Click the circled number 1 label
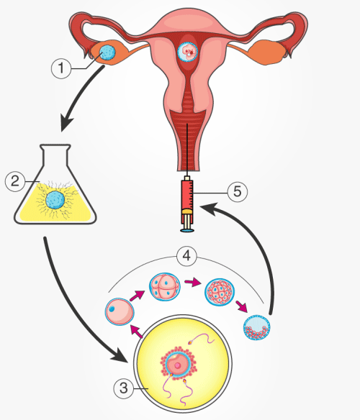coord(61,68)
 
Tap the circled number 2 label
coord(15,181)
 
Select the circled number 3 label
coord(124,388)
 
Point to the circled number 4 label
coord(186,256)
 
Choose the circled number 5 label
coord(238,192)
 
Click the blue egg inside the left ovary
coord(108,52)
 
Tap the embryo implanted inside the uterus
coord(188,52)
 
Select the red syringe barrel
coord(187,195)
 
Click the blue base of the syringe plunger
coord(187,230)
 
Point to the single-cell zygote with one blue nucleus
coord(120,311)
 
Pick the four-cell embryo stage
coord(165,287)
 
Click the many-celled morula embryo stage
coord(220,292)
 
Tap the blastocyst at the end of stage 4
coord(257,327)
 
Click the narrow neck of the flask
coord(55,155)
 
